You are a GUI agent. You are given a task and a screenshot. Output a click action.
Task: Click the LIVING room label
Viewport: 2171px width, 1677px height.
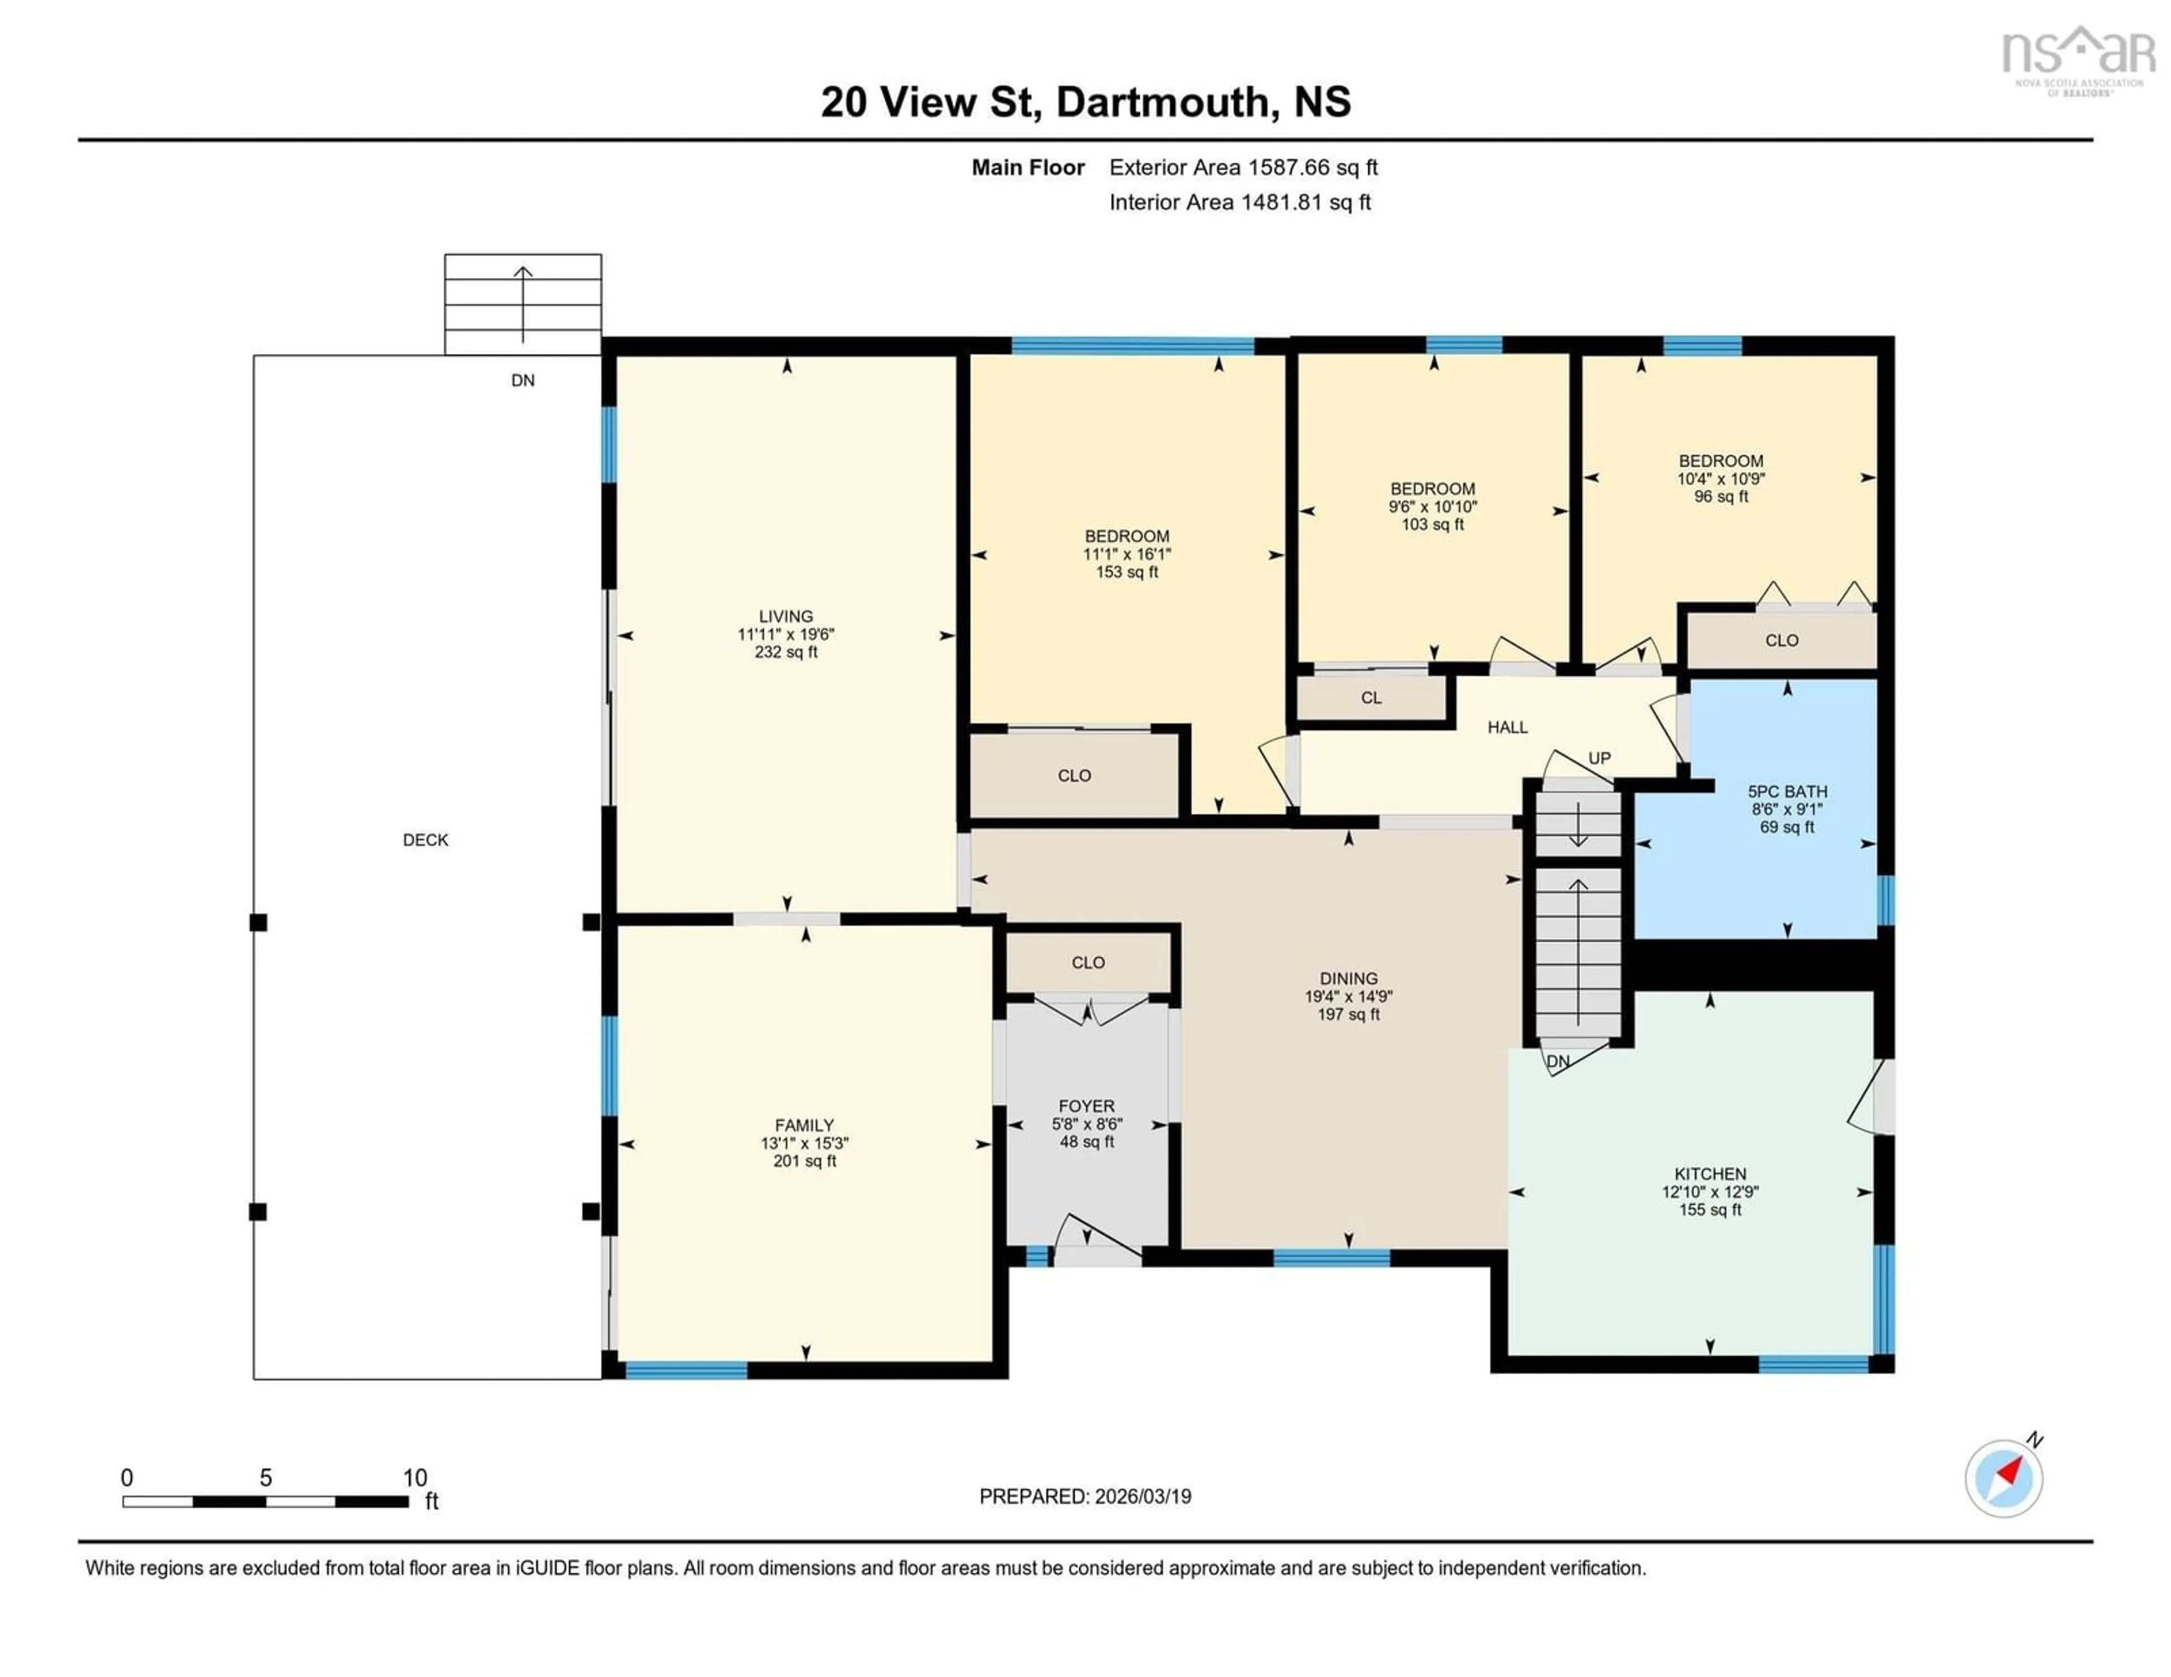click(x=785, y=616)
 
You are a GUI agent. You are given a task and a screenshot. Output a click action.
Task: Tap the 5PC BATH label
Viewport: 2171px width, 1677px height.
click(x=1787, y=791)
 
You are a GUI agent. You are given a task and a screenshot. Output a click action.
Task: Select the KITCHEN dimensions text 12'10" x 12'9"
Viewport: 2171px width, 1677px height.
click(x=1710, y=1192)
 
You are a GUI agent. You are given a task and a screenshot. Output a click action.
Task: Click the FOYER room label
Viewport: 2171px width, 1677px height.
click(x=1087, y=1105)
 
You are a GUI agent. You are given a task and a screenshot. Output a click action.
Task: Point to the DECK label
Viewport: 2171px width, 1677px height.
click(x=426, y=840)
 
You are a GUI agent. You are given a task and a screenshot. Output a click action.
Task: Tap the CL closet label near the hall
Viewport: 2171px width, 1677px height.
click(x=1371, y=698)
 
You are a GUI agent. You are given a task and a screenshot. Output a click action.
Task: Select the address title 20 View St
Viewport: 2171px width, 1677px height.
click(x=1085, y=101)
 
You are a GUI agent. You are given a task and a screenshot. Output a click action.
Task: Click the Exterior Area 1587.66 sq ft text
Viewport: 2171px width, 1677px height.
click(x=1243, y=167)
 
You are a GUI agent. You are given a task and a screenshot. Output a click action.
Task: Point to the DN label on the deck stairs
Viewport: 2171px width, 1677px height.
click(x=523, y=380)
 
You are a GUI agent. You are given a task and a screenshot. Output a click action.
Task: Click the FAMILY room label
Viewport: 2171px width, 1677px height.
click(x=804, y=1125)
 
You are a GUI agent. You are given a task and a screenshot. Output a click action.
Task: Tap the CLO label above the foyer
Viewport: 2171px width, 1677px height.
click(x=1088, y=962)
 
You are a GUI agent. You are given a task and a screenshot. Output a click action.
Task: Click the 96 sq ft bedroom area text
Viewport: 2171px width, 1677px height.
click(x=1721, y=496)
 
